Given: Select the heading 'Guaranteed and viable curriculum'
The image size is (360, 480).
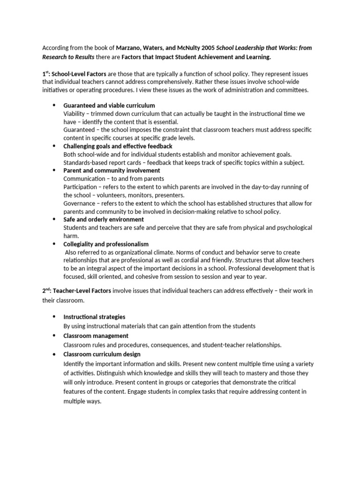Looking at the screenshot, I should (109, 105).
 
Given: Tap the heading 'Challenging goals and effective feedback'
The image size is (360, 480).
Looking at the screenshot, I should (118, 146).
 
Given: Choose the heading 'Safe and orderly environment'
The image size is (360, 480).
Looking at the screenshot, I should (104, 219).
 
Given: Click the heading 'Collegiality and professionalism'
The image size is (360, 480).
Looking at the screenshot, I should (106, 244).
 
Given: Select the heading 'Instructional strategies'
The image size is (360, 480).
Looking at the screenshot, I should (94, 317).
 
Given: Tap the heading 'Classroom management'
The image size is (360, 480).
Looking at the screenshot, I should (96, 336).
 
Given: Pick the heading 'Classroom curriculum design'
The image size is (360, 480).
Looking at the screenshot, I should (102, 354).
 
